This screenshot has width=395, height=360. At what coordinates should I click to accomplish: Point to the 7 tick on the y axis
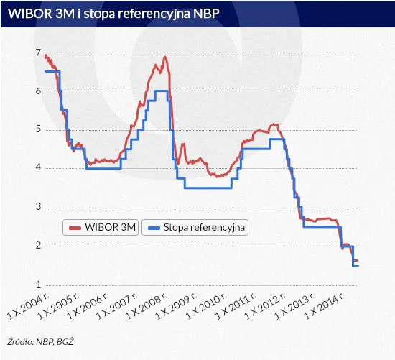tap(37, 52)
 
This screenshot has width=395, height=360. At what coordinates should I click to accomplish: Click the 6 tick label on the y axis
tap(37, 91)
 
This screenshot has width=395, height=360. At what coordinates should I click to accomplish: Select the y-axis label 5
tap(37, 130)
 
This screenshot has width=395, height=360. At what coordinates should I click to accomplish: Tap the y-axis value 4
tap(37, 169)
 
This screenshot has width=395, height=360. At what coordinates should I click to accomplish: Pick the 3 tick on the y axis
tap(37, 208)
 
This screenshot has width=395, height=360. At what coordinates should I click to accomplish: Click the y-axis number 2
tap(37, 246)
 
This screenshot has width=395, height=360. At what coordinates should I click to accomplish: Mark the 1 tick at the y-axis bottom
tap(37, 285)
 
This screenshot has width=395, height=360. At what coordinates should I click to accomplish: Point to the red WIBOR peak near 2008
tap(165, 57)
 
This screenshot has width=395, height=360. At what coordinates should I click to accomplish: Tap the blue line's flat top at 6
tap(162, 91)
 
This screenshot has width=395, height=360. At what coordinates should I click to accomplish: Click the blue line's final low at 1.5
tap(355, 266)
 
